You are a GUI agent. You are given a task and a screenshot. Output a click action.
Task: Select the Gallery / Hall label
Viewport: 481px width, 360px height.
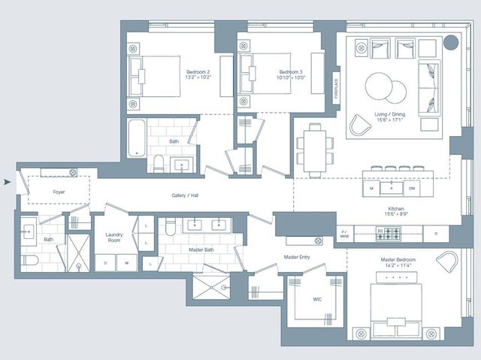pos(184,195)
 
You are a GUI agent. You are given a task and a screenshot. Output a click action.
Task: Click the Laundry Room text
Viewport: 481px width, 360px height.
pos(114,237)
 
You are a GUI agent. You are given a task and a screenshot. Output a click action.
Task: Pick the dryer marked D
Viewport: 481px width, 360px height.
pos(105,263)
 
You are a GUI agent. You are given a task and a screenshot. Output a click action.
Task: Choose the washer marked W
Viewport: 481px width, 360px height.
pos(126,263)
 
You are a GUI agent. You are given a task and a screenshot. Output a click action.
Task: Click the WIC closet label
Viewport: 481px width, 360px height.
pos(317,300)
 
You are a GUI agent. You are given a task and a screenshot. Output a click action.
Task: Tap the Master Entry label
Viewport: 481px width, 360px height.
pos(297,257)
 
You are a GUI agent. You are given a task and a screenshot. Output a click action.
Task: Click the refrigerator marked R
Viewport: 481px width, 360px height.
pos(435,234)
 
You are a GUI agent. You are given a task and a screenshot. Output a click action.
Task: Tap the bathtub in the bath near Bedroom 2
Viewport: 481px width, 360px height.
pos(136,138)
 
